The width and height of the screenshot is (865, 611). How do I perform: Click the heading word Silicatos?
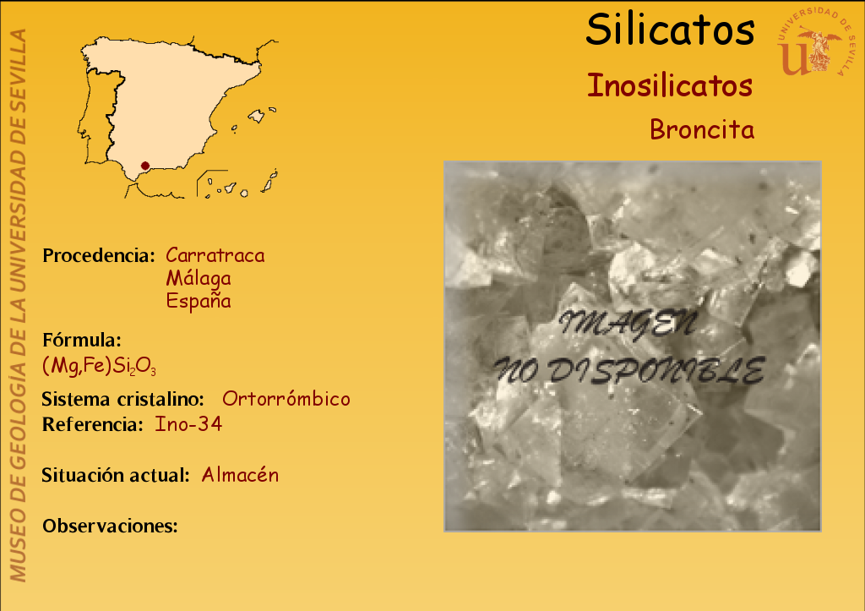pyautogui.click(x=670, y=30)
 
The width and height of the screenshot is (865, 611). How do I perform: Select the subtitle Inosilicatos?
pyautogui.click(x=670, y=86)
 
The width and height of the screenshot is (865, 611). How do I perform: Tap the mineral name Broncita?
pyautogui.click(x=702, y=129)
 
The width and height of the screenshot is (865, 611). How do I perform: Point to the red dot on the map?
pyautogui.click(x=145, y=166)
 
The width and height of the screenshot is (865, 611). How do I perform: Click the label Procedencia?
pyautogui.click(x=99, y=255)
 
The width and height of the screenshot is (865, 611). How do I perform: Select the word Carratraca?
pyautogui.click(x=215, y=255)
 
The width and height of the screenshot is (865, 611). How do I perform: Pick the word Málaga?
pyautogui.click(x=199, y=278)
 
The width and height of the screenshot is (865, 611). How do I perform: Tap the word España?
pyautogui.click(x=199, y=301)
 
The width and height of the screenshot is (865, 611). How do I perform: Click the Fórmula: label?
pyautogui.click(x=82, y=340)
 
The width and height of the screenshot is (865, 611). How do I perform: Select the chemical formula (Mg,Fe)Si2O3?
pyautogui.click(x=100, y=365)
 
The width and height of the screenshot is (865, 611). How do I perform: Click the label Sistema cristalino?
pyautogui.click(x=123, y=399)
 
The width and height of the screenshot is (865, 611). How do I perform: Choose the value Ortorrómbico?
pyautogui.click(x=286, y=399)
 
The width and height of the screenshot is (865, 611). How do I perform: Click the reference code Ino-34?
pyautogui.click(x=188, y=424)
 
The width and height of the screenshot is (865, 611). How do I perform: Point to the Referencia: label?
pyautogui.click(x=93, y=424)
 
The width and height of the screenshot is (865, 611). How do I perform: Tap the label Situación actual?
pyautogui.click(x=116, y=475)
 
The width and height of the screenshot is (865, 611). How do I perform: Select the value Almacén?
pyautogui.click(x=240, y=475)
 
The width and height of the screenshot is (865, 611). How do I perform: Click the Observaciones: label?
pyautogui.click(x=111, y=526)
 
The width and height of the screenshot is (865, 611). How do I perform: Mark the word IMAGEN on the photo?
pyautogui.click(x=628, y=324)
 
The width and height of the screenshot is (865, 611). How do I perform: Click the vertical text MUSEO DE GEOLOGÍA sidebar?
pyautogui.click(x=19, y=306)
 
